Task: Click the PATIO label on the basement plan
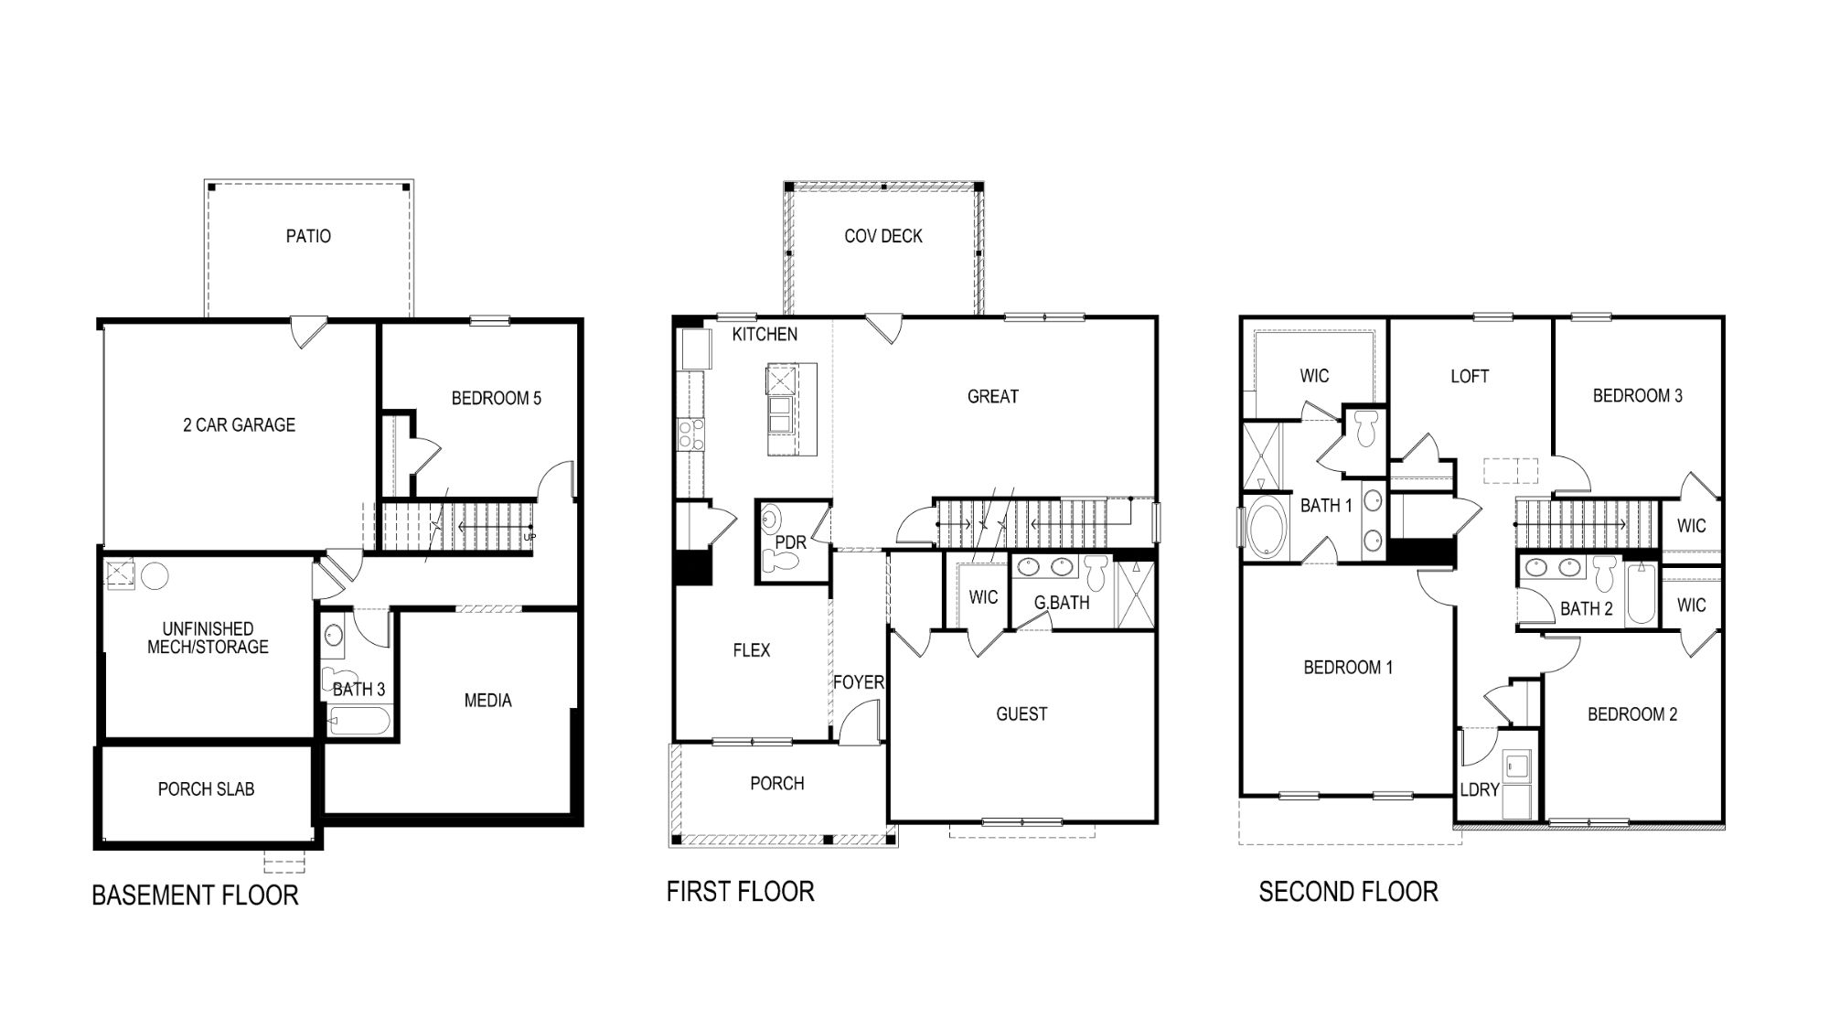tap(308, 236)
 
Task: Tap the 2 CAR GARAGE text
tap(239, 424)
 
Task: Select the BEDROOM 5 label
tap(496, 398)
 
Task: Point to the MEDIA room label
tap(487, 701)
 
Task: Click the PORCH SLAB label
tap(206, 788)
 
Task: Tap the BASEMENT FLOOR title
tap(195, 895)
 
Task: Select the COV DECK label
tap(882, 236)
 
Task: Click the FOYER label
tap(858, 682)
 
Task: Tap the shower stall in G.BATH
tap(1135, 594)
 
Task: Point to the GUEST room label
tap(1021, 714)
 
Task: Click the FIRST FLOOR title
tap(740, 891)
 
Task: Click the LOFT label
tap(1469, 376)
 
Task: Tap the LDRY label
tap(1479, 789)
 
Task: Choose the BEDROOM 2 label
tap(1631, 714)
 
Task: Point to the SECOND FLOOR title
tap(1348, 891)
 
